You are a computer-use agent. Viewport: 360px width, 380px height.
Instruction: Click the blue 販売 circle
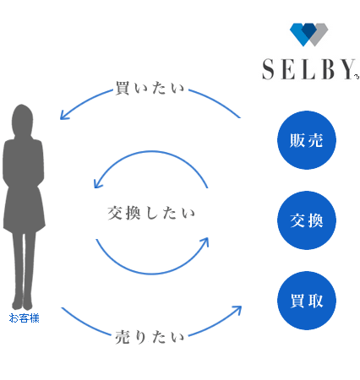click(307, 140)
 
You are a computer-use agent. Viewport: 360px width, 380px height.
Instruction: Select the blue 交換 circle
click(307, 220)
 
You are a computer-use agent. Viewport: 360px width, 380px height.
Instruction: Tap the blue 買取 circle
click(307, 301)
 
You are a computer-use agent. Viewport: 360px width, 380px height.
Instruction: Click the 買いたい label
click(150, 88)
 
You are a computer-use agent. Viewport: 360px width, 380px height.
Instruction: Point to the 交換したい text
click(151, 213)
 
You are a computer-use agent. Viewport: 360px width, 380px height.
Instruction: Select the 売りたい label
click(150, 337)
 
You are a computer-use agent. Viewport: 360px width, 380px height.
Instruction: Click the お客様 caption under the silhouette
click(24, 318)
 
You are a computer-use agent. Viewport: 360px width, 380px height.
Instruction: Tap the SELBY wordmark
click(309, 69)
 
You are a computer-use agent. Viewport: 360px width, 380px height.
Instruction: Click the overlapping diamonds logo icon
click(309, 35)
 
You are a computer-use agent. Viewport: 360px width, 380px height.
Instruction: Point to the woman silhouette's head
click(22, 119)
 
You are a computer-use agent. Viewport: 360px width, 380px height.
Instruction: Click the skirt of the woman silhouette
click(24, 209)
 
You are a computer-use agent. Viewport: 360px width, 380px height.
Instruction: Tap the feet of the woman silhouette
click(22, 303)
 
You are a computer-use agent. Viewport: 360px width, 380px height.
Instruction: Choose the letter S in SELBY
click(268, 69)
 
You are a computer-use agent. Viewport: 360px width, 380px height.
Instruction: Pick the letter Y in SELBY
click(348, 69)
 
